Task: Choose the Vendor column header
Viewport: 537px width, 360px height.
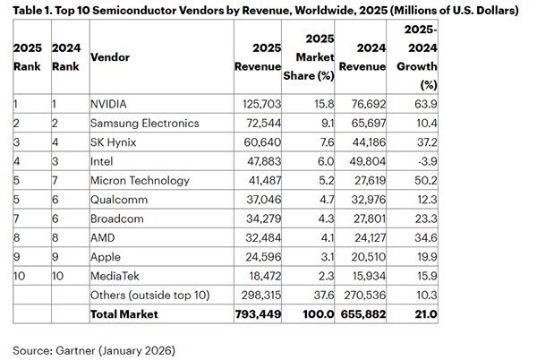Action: point(110,57)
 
